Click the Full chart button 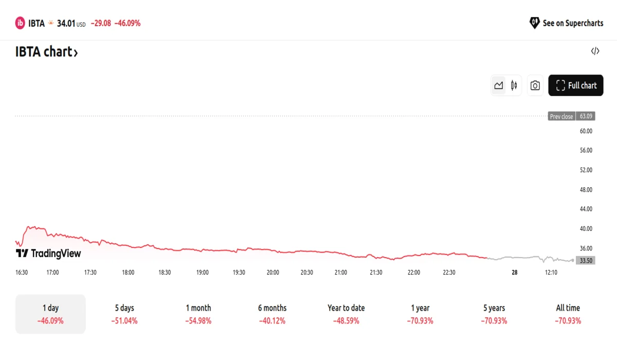pos(576,85)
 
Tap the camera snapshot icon pos(535,85)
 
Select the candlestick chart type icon pos(514,85)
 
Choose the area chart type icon pos(498,85)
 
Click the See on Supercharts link pos(566,23)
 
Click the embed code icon pos(595,51)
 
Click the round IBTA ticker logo pos(20,23)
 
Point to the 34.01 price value pos(66,23)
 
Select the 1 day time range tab pos(50,314)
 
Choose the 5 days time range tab pos(124,314)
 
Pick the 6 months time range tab pos(272,314)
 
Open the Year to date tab pos(346,314)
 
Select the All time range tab pos(568,314)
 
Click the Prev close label pos(561,116)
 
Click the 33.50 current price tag pos(586,261)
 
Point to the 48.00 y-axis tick pos(586,190)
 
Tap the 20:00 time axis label pos(273,273)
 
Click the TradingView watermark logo pos(48,254)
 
